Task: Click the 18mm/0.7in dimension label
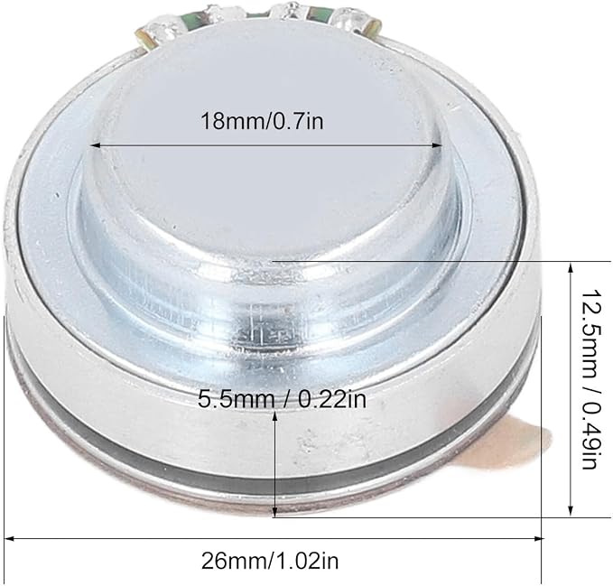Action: (x=262, y=121)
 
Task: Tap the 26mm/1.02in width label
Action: (x=270, y=561)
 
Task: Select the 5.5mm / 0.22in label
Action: (x=282, y=399)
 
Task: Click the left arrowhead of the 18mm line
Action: (x=96, y=145)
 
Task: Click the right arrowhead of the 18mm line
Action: (x=436, y=145)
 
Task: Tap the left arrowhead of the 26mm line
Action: (x=9, y=539)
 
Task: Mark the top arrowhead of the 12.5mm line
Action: (x=571, y=269)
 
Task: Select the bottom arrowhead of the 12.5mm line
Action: (x=571, y=509)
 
